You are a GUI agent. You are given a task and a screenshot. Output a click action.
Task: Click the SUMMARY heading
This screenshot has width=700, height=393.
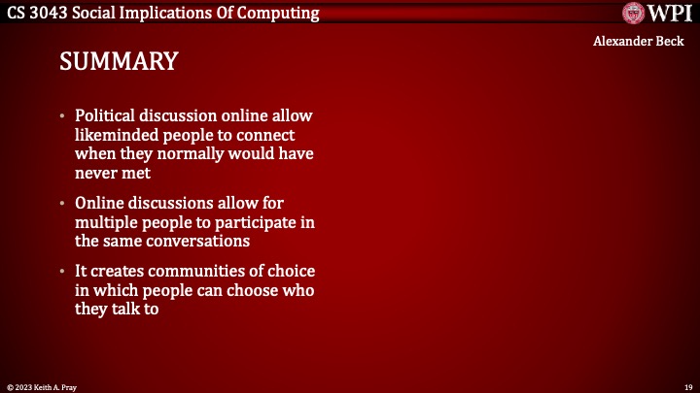coord(119,61)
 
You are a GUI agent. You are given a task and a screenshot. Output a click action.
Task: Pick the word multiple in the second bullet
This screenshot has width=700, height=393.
coord(107,222)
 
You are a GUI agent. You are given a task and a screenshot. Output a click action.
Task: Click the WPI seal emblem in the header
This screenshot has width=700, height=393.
coord(635,13)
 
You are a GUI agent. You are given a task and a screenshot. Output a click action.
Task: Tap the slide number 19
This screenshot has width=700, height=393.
coord(687,386)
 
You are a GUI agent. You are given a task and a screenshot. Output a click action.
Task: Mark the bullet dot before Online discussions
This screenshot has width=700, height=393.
coord(63,204)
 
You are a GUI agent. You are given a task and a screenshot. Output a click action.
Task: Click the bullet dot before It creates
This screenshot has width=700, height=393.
coord(63,272)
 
